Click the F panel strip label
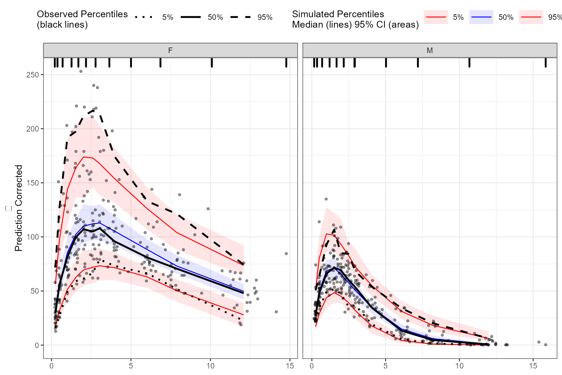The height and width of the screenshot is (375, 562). pos(170,50)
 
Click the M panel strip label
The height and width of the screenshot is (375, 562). pos(430,50)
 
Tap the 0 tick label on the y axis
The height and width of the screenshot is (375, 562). pos(37,345)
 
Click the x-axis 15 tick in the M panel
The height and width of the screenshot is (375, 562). pos(533,366)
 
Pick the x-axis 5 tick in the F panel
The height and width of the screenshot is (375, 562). pos(131,366)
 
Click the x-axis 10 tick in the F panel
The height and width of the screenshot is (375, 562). pos(210,366)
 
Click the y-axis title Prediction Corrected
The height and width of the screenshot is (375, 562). pos(19,208)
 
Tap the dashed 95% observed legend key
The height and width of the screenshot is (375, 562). pos(240,17)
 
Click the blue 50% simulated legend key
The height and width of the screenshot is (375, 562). pos(481,17)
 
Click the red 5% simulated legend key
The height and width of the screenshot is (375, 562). pos(435,17)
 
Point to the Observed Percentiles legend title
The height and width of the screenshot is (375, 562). pos(82,19)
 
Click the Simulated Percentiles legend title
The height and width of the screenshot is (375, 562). pos(355,19)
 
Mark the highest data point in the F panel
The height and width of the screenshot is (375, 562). pos(81,71)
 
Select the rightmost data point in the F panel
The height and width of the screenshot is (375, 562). pos(286,254)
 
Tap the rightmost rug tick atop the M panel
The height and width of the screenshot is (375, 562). pos(546,62)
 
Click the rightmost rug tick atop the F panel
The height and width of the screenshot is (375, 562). pos(286,62)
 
